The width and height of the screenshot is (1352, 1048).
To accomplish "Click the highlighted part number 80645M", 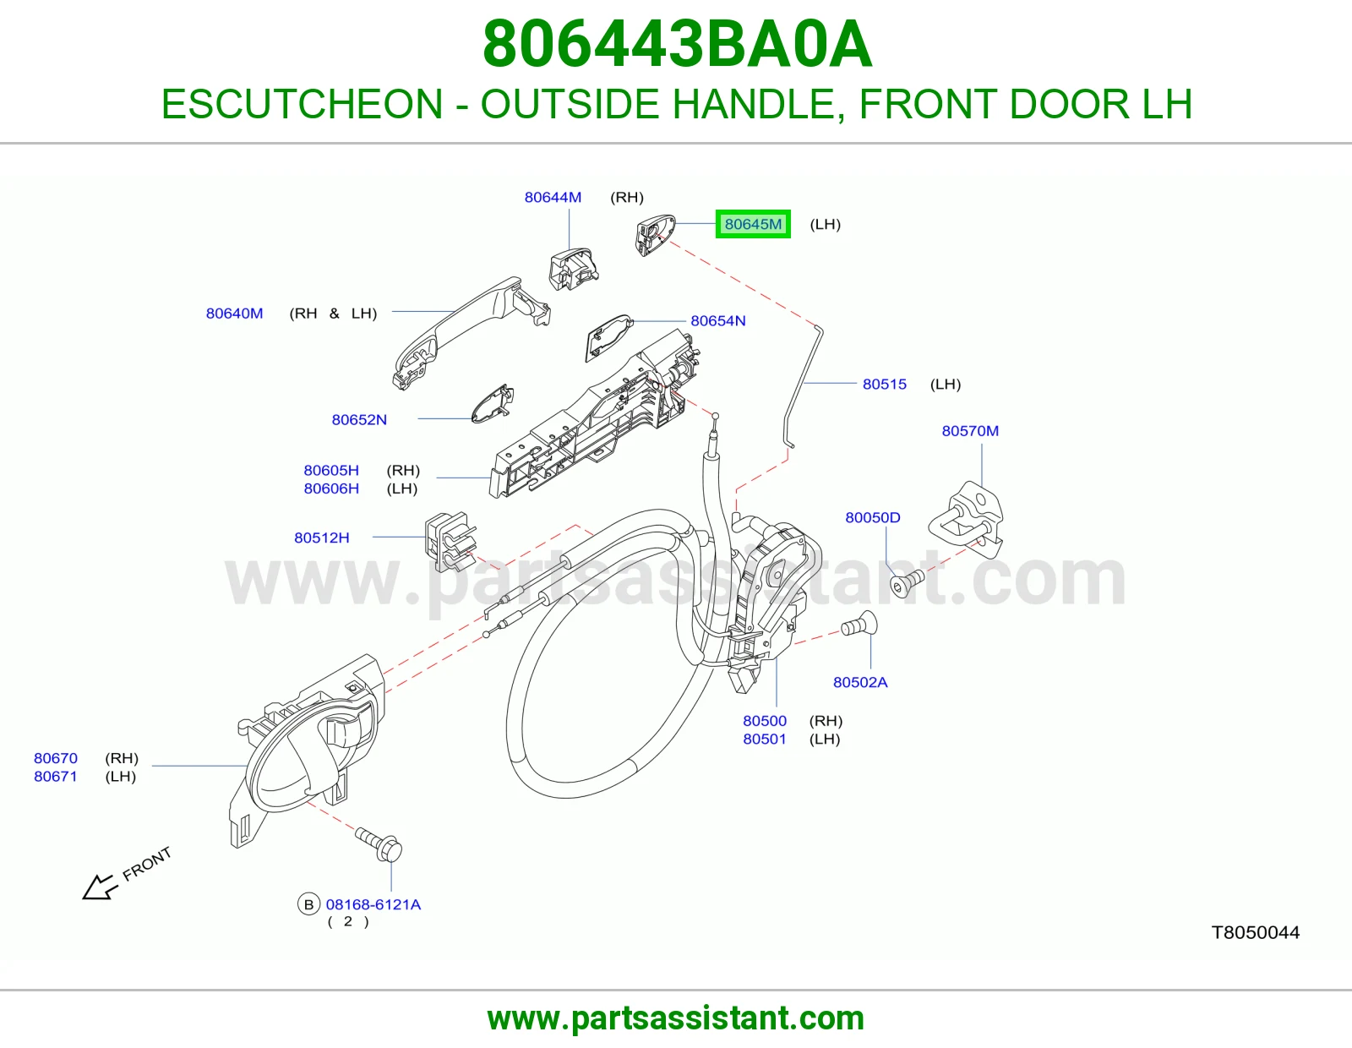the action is click(753, 224).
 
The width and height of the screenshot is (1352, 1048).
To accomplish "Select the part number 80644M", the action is click(553, 197).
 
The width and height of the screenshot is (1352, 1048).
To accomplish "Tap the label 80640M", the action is click(235, 313).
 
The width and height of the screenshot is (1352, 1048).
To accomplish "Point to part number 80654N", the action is click(718, 320).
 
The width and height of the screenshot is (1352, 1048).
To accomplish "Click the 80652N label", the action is click(359, 419).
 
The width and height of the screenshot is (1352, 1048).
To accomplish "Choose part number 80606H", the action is click(331, 489).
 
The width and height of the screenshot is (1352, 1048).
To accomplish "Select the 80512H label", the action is click(322, 538).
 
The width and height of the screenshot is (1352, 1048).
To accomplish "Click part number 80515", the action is click(884, 384).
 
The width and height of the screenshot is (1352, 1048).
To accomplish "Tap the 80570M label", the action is click(970, 431).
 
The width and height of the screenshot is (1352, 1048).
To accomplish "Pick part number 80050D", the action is click(872, 517).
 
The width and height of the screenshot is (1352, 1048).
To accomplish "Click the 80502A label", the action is click(860, 682).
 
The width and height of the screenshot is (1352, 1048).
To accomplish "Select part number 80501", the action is click(764, 739).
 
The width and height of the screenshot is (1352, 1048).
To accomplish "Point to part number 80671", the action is click(56, 776).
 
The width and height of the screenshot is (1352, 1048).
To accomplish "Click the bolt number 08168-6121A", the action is click(373, 904).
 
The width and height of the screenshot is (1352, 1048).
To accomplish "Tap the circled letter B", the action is click(308, 904).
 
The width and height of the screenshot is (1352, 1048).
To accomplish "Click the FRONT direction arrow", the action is click(100, 887).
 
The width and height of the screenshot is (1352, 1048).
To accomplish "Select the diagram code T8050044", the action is click(1255, 932).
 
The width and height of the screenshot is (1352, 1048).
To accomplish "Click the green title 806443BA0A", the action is click(678, 44).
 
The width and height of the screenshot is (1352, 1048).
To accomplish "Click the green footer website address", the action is click(676, 1018).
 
